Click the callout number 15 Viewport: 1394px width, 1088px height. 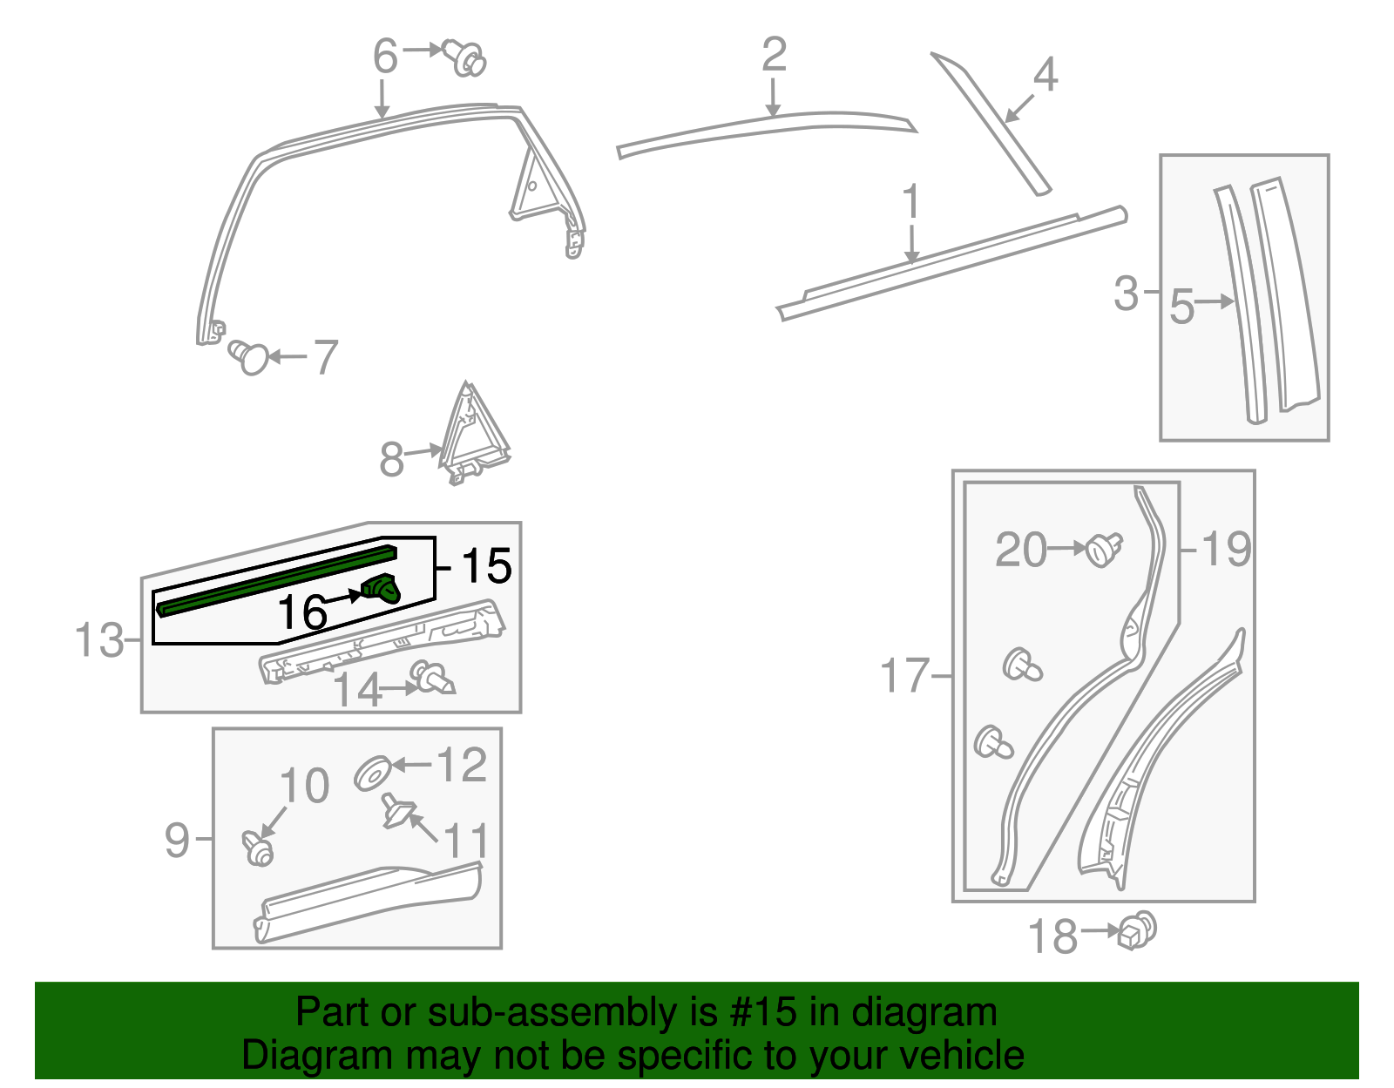click(x=486, y=566)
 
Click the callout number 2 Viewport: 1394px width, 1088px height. click(x=774, y=55)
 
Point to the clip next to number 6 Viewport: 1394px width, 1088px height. click(x=465, y=57)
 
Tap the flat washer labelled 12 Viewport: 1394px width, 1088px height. click(x=374, y=773)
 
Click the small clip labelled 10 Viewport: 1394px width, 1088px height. click(x=258, y=848)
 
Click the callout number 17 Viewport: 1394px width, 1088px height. click(x=904, y=676)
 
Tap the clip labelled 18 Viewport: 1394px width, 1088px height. click(x=1137, y=931)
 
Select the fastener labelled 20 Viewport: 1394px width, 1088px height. click(x=1103, y=550)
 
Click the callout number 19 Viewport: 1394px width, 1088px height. click(x=1226, y=549)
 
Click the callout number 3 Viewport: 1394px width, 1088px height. click(x=1126, y=293)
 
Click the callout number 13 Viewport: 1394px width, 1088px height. click(x=98, y=640)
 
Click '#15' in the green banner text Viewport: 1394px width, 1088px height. click(x=756, y=1012)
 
